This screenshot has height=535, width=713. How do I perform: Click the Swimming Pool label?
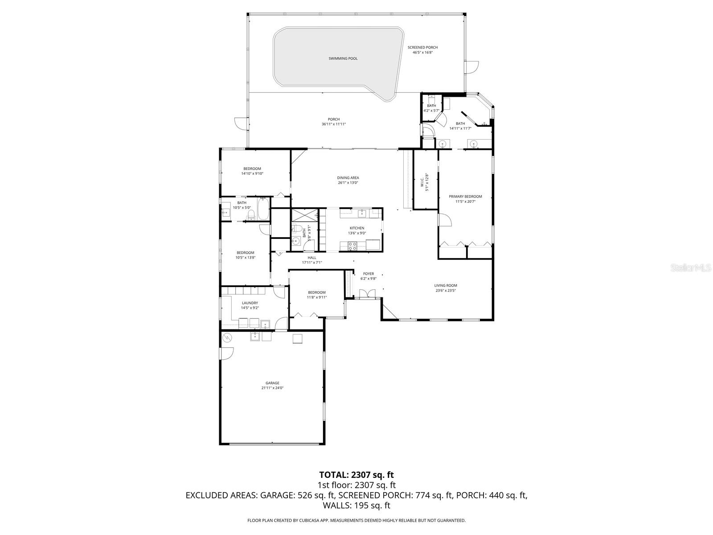[x=343, y=58]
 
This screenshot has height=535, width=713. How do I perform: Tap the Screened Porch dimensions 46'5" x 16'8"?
[x=422, y=53]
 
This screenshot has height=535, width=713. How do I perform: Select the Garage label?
[x=272, y=383]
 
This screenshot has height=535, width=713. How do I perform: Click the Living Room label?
[x=446, y=285]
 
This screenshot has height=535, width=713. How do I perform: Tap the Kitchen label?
[x=356, y=228]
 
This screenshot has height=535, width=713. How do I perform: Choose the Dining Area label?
[x=348, y=178]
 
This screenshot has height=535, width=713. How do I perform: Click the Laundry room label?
[x=250, y=303]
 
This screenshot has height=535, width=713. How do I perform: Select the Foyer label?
[x=368, y=274]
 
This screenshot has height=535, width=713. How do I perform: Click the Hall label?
[x=312, y=258]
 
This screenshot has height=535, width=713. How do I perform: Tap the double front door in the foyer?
[x=368, y=293]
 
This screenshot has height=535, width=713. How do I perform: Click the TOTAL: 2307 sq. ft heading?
[x=356, y=475]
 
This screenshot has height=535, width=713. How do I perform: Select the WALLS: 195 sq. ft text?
[x=356, y=505]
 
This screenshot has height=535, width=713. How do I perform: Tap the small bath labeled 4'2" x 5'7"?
[x=431, y=106]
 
